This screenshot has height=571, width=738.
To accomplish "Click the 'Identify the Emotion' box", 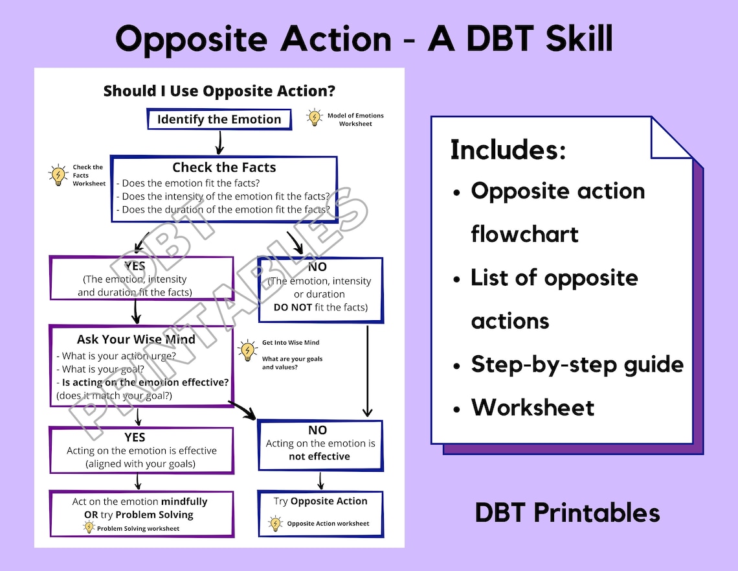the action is pos(219,119).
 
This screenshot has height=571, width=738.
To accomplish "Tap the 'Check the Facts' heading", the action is pos(224,167).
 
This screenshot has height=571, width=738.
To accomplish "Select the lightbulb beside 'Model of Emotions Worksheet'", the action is pos(314,117).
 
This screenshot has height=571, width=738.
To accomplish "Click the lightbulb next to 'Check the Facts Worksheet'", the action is pos(58,175).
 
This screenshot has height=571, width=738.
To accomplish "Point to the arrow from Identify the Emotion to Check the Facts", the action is pos(219,143).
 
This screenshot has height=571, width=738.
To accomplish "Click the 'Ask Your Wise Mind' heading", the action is pos(136,339).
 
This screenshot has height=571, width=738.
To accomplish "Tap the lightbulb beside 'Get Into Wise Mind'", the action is pos(247,351).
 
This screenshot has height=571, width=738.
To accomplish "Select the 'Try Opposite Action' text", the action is pos(320,501).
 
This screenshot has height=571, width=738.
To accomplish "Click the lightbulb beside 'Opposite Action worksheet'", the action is pos(275,524).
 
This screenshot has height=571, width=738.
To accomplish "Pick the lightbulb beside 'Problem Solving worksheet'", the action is pos(89,528).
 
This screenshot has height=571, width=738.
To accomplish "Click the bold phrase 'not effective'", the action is pos(320,456).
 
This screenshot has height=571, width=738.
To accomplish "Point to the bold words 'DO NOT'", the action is pos(293,307).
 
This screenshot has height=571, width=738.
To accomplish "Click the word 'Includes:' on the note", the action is pos(508,150).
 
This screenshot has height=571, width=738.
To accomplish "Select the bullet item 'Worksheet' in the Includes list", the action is pos(533,408).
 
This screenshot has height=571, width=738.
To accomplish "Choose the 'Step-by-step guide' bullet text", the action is pos(577,365).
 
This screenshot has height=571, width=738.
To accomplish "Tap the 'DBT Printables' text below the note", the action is pos(567,513).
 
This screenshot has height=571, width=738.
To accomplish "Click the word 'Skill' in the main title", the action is pos(579,38).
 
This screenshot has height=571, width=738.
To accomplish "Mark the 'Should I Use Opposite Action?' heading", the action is pos(219,91).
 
